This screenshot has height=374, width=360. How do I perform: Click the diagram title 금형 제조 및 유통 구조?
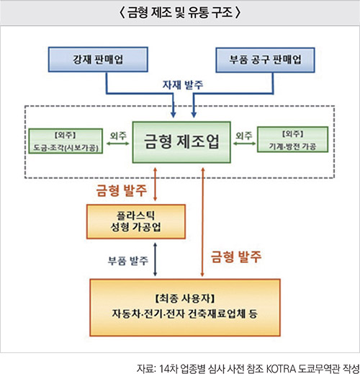coord(180,12)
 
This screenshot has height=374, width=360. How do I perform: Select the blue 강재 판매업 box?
coord(98,59)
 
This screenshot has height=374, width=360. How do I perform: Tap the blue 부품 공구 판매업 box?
coord(265,60)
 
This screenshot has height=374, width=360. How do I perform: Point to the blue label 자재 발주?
coord(183,85)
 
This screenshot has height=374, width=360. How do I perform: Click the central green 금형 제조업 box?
coord(181,142)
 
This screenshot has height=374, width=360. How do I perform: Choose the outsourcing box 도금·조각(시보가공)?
coord(66,141)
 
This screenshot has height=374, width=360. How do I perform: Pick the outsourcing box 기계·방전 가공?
coord(292,140)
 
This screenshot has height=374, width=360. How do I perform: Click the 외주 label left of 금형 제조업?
coord(118,135)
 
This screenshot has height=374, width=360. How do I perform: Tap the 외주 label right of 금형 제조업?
coord(244,135)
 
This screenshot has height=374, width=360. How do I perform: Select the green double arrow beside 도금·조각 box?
coord(118,143)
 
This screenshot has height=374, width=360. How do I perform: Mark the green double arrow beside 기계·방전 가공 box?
coord(244,143)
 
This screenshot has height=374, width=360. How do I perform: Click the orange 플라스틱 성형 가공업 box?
coord(136,221)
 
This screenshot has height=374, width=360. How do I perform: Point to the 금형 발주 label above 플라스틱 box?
coord(121,190)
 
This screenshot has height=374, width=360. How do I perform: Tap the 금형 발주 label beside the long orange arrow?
coord(236,257)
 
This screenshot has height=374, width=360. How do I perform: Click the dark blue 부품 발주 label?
coord(128,261)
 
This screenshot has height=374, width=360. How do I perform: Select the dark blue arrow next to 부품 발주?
coord(155,259)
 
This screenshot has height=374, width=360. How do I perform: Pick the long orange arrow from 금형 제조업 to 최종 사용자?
coord(202,222)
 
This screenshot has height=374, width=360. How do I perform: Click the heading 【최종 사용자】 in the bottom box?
coord(185,298)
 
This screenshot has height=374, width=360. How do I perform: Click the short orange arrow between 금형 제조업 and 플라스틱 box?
coord(155,184)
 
